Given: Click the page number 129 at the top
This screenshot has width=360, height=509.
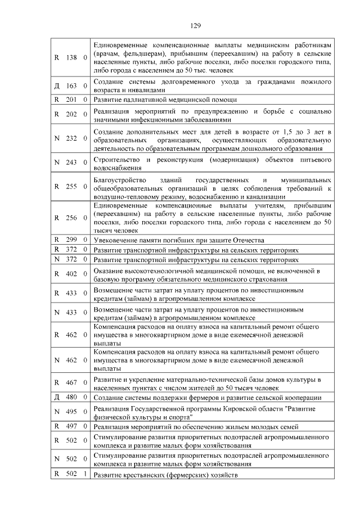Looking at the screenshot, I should pyautogui.click(x=195, y=25).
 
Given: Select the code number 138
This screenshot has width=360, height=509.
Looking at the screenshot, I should pyautogui.click(x=71, y=57).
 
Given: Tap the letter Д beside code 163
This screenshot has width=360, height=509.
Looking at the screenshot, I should pyautogui.click(x=57, y=86).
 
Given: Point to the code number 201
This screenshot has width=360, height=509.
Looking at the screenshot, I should pyautogui.click(x=71, y=100).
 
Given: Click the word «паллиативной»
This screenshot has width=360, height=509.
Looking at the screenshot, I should pyautogui.click(x=138, y=100).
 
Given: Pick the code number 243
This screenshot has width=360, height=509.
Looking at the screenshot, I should pyautogui.click(x=71, y=163).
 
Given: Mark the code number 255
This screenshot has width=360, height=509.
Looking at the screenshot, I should pyautogui.click(x=71, y=187).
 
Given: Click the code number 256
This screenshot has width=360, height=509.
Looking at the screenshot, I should pyautogui.click(x=71, y=218).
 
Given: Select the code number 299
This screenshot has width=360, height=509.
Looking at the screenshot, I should pyautogui.click(x=71, y=240).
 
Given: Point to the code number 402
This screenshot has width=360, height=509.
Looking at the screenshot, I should pyautogui.click(x=71, y=274).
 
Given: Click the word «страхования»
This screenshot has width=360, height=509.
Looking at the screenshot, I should pyautogui.click(x=271, y=280).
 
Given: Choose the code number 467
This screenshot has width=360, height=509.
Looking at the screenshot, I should pyautogui.click(x=71, y=383).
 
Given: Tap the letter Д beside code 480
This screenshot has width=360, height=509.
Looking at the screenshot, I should pyautogui.click(x=57, y=397).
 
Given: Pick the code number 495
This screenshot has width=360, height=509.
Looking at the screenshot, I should pyautogui.click(x=71, y=412).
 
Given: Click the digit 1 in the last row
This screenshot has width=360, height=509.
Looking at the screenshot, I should pyautogui.click(x=84, y=474).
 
